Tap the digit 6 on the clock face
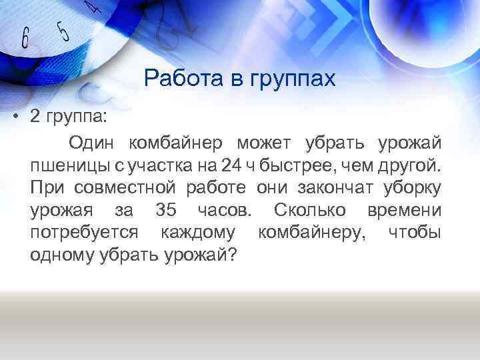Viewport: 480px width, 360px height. (x=25, y=39)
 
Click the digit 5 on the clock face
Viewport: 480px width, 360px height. (x=63, y=30)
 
